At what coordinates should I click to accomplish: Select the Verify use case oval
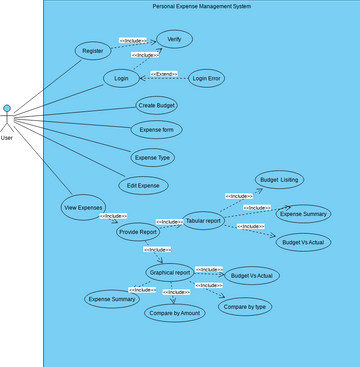(174, 39)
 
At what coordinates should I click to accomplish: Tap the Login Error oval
(207, 78)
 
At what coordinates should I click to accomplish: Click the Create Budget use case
(156, 104)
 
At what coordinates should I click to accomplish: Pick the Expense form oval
(156, 130)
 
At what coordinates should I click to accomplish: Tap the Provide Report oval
(138, 231)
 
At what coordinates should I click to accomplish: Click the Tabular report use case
(203, 222)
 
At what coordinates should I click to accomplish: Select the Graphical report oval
(168, 272)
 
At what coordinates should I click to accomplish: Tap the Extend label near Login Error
(164, 74)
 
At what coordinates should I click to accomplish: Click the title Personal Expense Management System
(201, 6)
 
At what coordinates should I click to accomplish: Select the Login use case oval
(122, 78)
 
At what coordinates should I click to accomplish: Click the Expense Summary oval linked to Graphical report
(112, 299)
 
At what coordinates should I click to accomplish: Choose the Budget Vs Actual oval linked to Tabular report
(304, 241)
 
